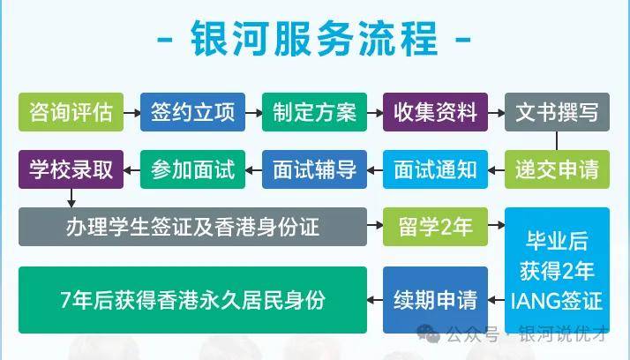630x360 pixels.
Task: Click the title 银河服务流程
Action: (x=314, y=39)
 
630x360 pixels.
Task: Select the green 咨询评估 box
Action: (x=71, y=112)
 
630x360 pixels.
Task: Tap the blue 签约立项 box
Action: (x=192, y=112)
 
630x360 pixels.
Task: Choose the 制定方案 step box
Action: (x=314, y=112)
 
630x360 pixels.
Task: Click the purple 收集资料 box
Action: (x=435, y=112)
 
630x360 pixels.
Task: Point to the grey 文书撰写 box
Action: (x=557, y=112)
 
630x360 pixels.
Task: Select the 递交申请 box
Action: (x=557, y=169)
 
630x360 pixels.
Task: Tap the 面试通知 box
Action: (x=435, y=169)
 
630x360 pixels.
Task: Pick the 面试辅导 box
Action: (x=314, y=169)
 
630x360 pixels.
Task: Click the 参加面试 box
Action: (x=192, y=169)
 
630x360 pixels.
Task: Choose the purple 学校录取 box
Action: (x=71, y=169)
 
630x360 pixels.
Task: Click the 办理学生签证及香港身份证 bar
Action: (x=192, y=227)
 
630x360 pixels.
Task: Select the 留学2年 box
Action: (x=435, y=227)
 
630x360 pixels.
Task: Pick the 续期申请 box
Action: (x=435, y=300)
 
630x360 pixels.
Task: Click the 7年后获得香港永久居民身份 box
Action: (x=192, y=300)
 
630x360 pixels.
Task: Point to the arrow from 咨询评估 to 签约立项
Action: (x=132, y=113)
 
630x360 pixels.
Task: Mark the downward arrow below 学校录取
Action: (x=71, y=198)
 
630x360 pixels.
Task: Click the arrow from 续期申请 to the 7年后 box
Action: (x=375, y=300)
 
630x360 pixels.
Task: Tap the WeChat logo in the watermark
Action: (x=428, y=333)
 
